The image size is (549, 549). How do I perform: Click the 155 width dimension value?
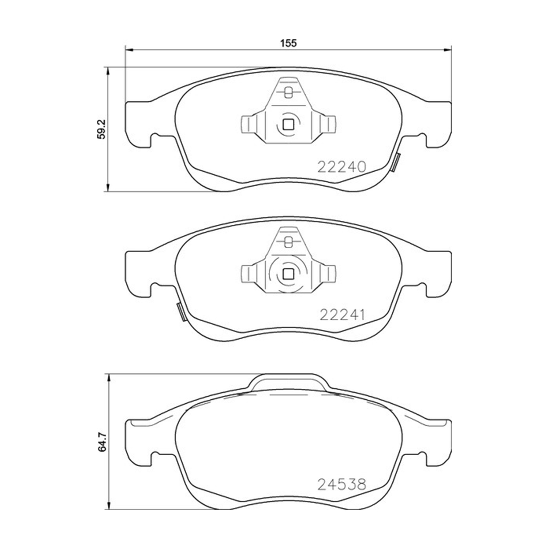pos(288,43)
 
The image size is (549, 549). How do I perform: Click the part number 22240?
pos(341,167)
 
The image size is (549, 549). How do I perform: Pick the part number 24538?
pos(341,485)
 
